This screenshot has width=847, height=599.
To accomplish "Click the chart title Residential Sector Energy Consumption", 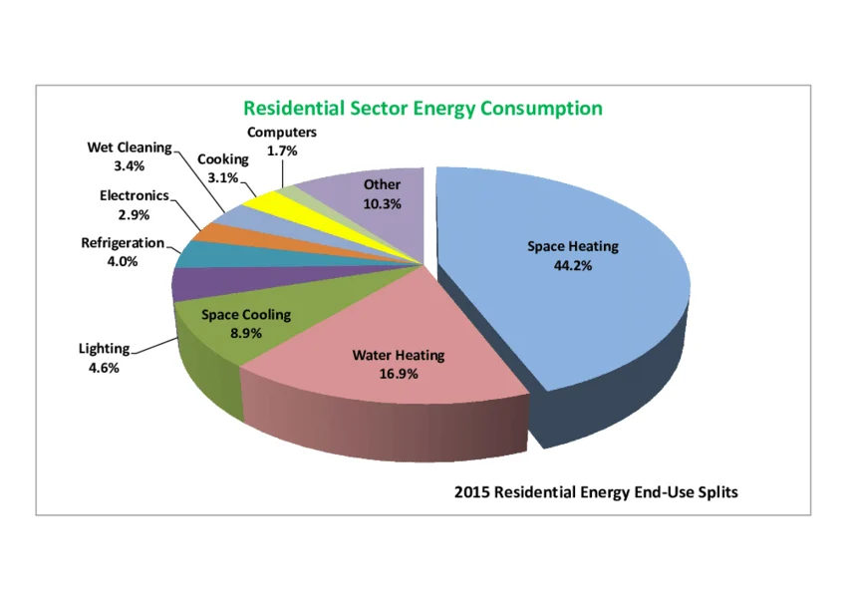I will [423, 108].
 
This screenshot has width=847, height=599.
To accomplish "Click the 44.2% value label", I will [572, 265].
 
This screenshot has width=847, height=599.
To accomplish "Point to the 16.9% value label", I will [398, 374].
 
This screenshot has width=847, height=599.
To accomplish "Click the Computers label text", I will [282, 132].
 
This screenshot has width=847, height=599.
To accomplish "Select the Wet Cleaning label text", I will [130, 148].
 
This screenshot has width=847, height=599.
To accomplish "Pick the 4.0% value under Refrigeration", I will [122, 261].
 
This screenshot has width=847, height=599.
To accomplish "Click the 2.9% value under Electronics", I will [134, 214].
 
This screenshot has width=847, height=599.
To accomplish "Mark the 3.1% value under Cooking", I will [222, 177].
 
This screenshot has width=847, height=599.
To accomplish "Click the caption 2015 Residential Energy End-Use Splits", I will [596, 492].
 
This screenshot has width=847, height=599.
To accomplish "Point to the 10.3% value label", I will [382, 203].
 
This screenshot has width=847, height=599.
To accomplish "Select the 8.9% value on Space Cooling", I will [245, 333].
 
